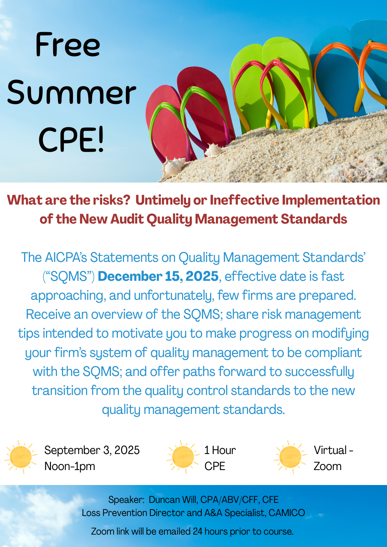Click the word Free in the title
[68, 44]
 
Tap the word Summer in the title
[71, 92]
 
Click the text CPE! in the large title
[71, 139]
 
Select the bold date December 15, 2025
[158, 276]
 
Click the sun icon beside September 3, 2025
[20, 457]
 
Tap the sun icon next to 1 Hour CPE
[183, 457]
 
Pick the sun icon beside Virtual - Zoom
[290, 457]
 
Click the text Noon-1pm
[70, 466]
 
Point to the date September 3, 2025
[92, 450]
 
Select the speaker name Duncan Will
[173, 500]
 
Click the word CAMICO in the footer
[287, 513]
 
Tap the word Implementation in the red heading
[331, 200]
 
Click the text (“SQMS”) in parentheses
[69, 276]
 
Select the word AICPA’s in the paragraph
[66, 257]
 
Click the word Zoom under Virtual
[328, 466]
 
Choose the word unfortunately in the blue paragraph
[174, 296]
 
